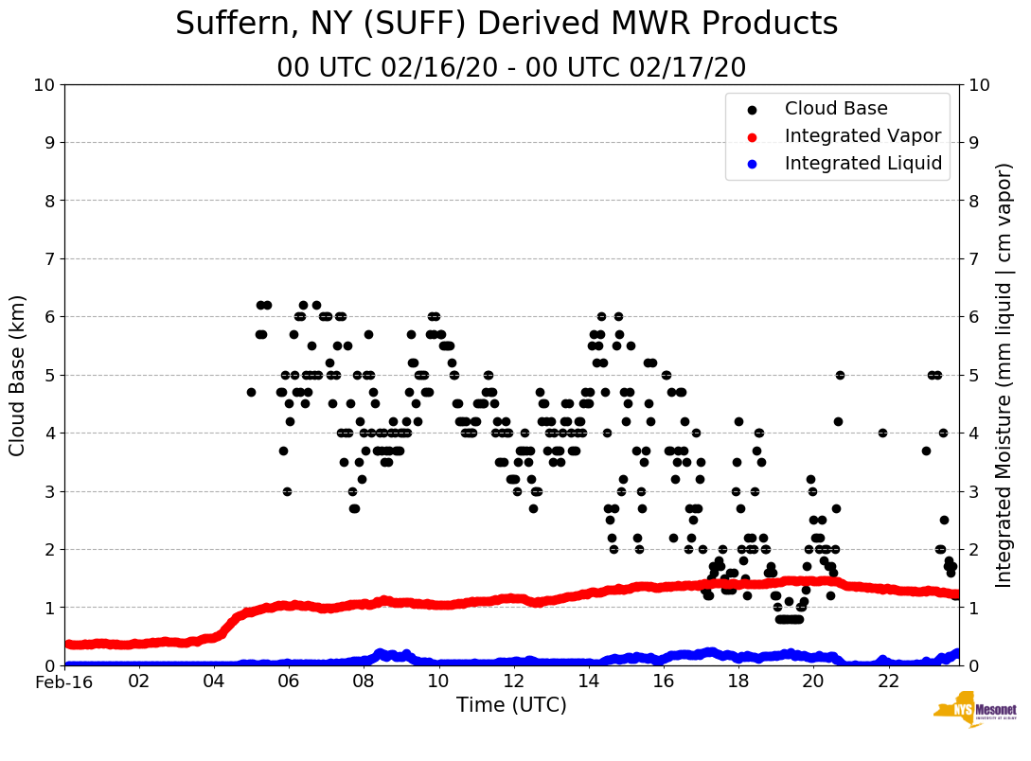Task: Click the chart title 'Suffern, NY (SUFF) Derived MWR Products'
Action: [507, 25]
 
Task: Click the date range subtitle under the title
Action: [511, 68]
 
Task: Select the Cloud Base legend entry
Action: [835, 109]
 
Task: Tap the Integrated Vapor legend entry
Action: [862, 136]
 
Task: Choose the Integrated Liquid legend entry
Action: [863, 164]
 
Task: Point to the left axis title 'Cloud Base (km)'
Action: [18, 375]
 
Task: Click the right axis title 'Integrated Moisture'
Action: [1004, 375]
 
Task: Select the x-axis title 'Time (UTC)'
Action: [511, 705]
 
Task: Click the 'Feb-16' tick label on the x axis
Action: [64, 681]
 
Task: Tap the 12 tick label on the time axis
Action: [513, 681]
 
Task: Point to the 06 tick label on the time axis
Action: [289, 681]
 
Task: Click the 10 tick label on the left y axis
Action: [44, 85]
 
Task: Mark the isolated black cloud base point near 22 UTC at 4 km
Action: [882, 433]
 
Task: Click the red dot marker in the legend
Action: [752, 137]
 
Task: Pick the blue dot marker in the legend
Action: [752, 165]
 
